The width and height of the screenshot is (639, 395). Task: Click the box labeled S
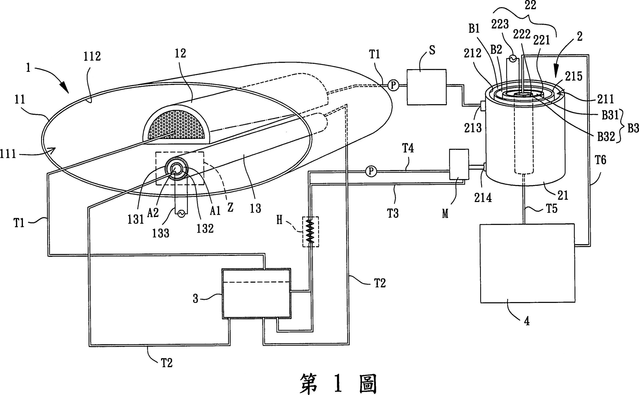coord(426,87)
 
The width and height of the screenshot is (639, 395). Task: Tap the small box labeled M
coord(459,164)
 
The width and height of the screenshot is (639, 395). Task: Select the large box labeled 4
coord(527,263)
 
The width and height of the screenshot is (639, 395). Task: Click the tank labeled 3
coord(256,294)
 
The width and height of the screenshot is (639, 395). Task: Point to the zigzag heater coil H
coord(311,231)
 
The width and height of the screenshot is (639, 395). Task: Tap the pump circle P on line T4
coord(371,171)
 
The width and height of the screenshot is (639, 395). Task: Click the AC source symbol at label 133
coord(181,213)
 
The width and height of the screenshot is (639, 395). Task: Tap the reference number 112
coord(92,56)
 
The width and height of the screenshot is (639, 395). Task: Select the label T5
coord(552,208)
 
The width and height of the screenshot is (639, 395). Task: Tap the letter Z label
coord(230,207)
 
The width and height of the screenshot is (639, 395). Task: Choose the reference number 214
coord(483,198)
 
